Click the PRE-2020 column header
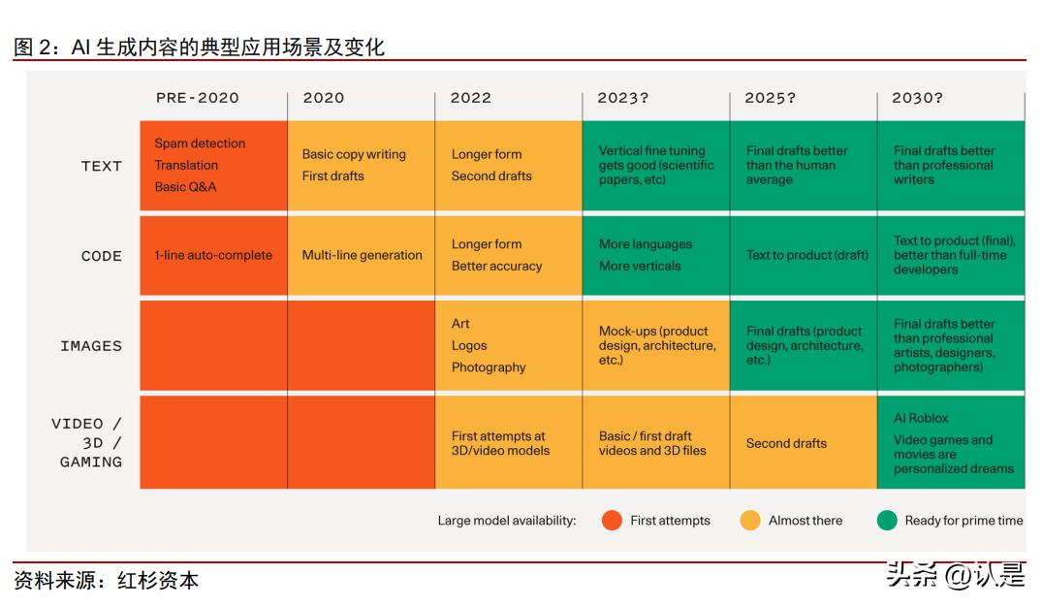[x=197, y=98]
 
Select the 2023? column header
[x=622, y=98]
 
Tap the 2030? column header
[x=917, y=98]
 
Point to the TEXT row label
[x=102, y=166]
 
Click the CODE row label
[x=102, y=256]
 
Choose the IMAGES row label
[x=91, y=345]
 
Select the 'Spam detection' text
[x=200, y=144]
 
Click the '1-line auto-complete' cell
[x=213, y=256]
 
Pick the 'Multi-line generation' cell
[x=362, y=256]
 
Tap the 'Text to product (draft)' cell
[x=806, y=256]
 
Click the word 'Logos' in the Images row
[x=469, y=345]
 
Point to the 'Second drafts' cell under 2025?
[x=786, y=443]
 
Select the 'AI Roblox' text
[x=921, y=418]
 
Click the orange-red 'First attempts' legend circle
[x=612, y=521]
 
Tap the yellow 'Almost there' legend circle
[x=750, y=521]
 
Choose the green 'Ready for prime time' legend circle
[x=886, y=521]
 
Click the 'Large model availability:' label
[x=506, y=521]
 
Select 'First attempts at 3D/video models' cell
[x=500, y=443]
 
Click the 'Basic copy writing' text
[x=354, y=154]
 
